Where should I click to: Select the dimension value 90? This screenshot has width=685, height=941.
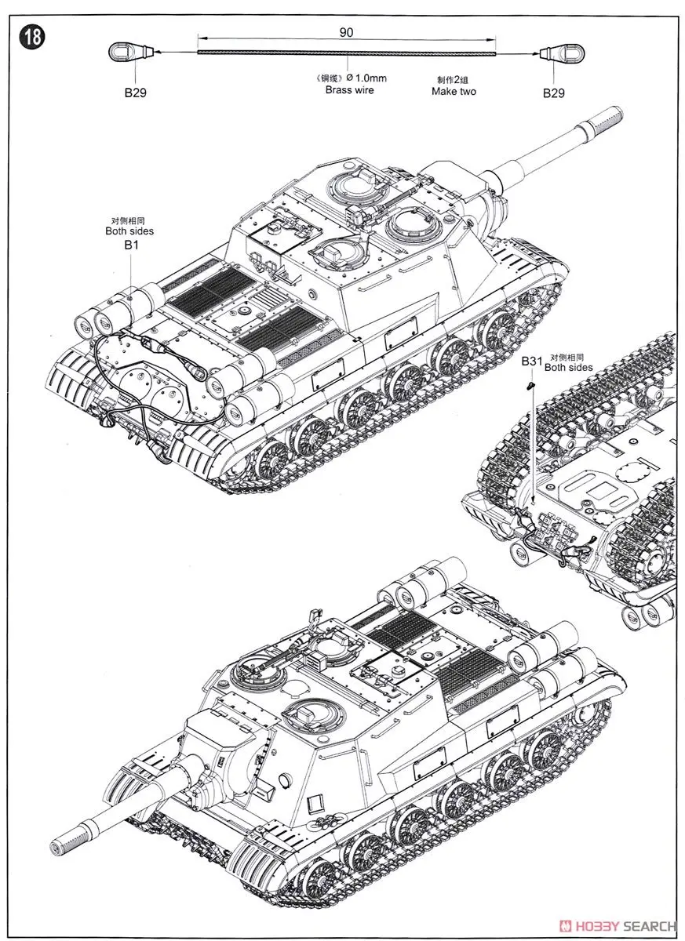pos(347,32)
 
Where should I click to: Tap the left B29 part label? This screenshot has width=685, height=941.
pos(135,93)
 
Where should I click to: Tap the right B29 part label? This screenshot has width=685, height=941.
pos(553,93)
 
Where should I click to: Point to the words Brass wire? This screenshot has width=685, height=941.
pos(349,89)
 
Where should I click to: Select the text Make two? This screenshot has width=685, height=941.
pos(454,91)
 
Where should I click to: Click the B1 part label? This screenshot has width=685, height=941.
pos(130,245)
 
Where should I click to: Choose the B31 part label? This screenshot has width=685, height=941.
pos(532,362)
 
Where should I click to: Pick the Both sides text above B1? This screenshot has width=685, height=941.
pos(129,231)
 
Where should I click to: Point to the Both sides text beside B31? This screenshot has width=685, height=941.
pos(569,366)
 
